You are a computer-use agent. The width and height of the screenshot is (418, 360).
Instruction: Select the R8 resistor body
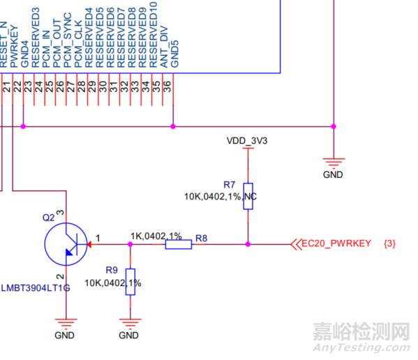(x=178, y=245)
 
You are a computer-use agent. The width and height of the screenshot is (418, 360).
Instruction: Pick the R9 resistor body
(x=130, y=282)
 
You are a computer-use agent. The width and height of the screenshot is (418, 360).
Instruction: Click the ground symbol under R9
(x=129, y=322)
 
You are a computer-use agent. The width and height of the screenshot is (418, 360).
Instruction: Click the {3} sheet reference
(x=390, y=243)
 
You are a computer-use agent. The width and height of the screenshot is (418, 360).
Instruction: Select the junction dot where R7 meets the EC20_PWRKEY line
(x=248, y=245)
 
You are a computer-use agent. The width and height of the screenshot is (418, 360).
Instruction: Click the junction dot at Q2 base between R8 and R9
(x=130, y=245)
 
